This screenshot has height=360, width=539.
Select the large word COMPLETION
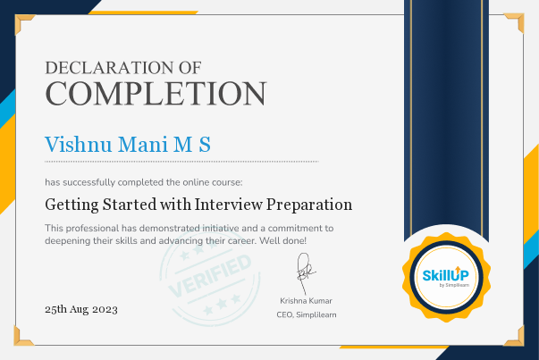[x=155, y=93]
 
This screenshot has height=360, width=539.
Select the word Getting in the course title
[x=71, y=205]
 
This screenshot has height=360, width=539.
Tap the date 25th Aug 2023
[x=81, y=309]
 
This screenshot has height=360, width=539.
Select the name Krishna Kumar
[x=306, y=301]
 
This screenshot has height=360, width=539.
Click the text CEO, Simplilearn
[x=306, y=314]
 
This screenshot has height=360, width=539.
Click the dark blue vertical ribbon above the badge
[x=444, y=116]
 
